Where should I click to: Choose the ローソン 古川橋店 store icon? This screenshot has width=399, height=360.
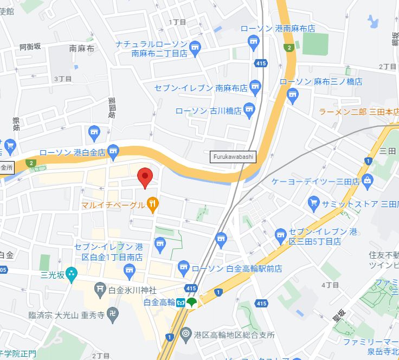[x=249, y=110]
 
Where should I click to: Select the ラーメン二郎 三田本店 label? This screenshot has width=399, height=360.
[x=358, y=111]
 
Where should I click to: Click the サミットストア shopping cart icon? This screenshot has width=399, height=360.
[x=313, y=204]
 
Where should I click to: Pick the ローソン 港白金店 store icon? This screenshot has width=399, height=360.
[x=113, y=152]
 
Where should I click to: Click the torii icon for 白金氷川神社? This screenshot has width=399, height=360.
[x=100, y=290]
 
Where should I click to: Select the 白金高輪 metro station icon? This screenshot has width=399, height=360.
[x=180, y=303]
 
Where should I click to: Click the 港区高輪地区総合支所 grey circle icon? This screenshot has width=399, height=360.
[x=186, y=335]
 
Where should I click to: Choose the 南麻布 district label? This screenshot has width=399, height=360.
[x=82, y=48]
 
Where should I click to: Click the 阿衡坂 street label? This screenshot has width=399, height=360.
[x=30, y=47]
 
